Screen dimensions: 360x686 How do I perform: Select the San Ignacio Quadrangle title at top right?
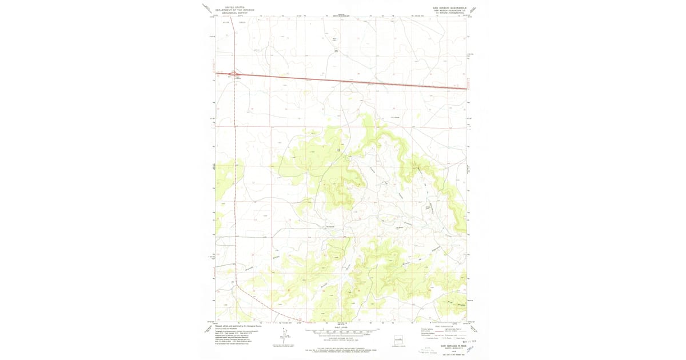pos(449,8)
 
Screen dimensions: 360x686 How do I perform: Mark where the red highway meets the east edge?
pos(466,88)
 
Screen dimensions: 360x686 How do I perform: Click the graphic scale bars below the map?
pos(341,331)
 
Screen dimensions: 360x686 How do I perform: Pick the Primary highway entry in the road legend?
pos(425,330)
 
